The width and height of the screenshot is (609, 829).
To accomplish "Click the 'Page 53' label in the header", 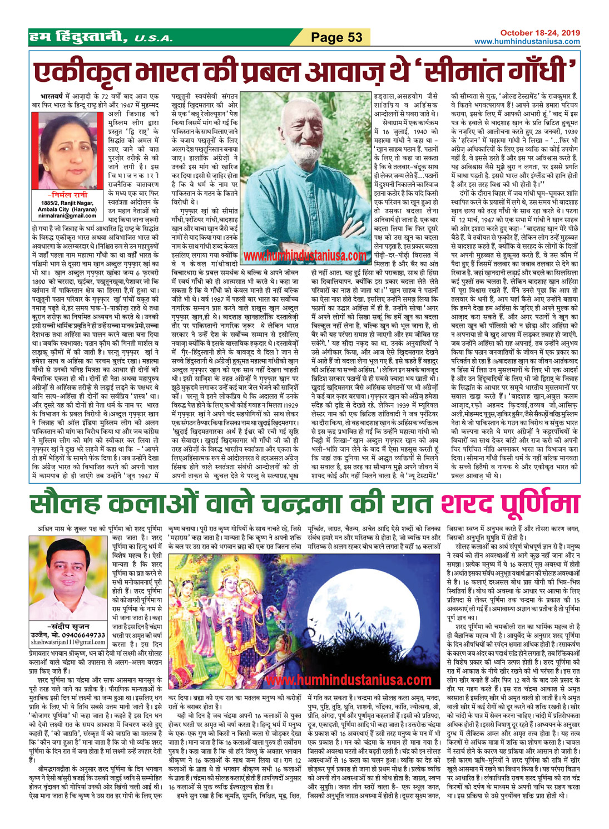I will pos(336,37).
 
